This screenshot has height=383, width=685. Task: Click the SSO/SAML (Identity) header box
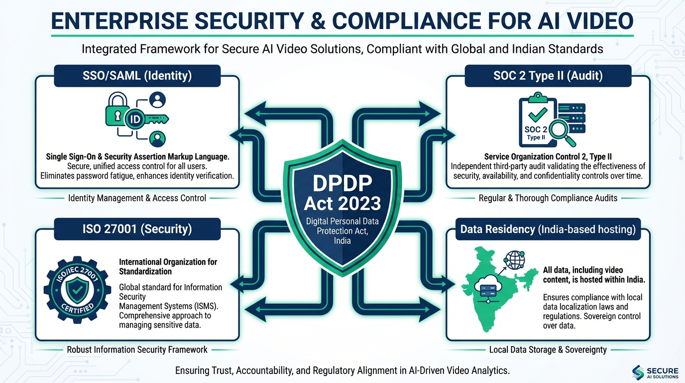pyautogui.click(x=136, y=76)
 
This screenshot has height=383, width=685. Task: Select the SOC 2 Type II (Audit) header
pyautogui.click(x=548, y=76)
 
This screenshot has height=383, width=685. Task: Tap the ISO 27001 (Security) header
pyautogui.click(x=136, y=229)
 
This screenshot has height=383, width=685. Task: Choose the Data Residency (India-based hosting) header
pyautogui.click(x=548, y=229)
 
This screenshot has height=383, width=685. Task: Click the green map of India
pyautogui.click(x=493, y=294)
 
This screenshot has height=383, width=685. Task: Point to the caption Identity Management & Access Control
pyautogui.click(x=137, y=198)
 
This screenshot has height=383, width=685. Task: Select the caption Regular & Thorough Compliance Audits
pyautogui.click(x=548, y=198)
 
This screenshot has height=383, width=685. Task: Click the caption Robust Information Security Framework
pyautogui.click(x=137, y=350)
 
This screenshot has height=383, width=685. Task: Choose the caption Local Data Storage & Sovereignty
pyautogui.click(x=548, y=350)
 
